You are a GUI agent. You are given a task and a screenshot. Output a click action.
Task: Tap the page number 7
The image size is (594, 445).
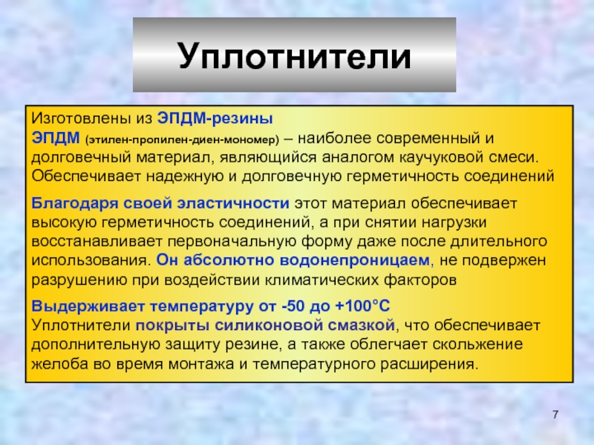(555, 415)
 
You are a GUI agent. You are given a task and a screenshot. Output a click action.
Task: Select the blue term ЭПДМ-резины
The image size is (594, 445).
(215, 119)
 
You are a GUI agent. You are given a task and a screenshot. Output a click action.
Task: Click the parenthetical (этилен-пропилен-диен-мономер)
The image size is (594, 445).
(182, 140)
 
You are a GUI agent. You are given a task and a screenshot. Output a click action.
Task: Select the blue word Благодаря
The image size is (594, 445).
(75, 203)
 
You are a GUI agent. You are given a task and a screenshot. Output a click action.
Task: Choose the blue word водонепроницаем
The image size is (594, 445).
(355, 260)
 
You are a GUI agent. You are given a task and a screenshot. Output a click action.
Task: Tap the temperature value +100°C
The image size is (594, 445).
(362, 306)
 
